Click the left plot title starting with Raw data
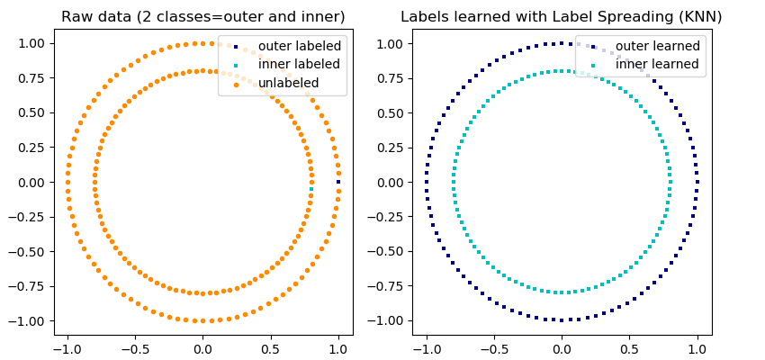pyautogui.click(x=202, y=17)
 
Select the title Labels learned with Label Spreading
pyautogui.click(x=561, y=17)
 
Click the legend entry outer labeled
pyautogui.click(x=299, y=46)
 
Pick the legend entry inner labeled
pyautogui.click(x=299, y=64)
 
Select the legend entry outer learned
pyautogui.click(x=657, y=46)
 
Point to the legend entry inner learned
pyautogui.click(x=657, y=64)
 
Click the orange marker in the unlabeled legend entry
pyautogui.click(x=236, y=85)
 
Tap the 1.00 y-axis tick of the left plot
pyautogui.click(x=32, y=43)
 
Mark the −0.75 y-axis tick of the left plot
pyautogui.click(x=28, y=286)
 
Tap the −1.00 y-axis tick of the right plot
pyautogui.click(x=387, y=321)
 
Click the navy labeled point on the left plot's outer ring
pyautogui.click(x=338, y=182)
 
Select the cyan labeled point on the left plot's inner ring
pyautogui.click(x=311, y=182)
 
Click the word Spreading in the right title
pyautogui.click(x=633, y=17)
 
